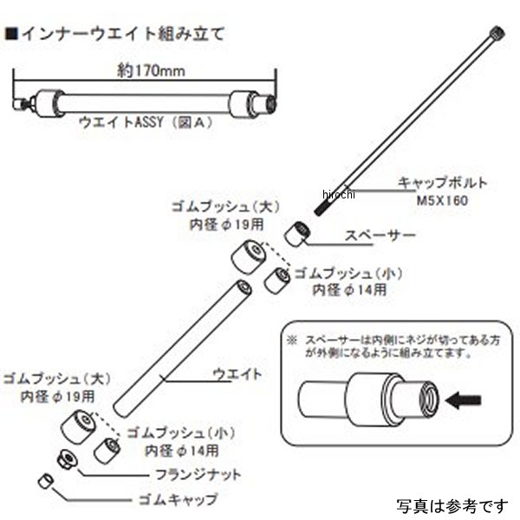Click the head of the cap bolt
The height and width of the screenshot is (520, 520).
point(497,34)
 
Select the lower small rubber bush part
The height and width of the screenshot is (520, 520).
point(109,449)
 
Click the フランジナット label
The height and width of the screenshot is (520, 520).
point(200,475)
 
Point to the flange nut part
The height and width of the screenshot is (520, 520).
point(64,459)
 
